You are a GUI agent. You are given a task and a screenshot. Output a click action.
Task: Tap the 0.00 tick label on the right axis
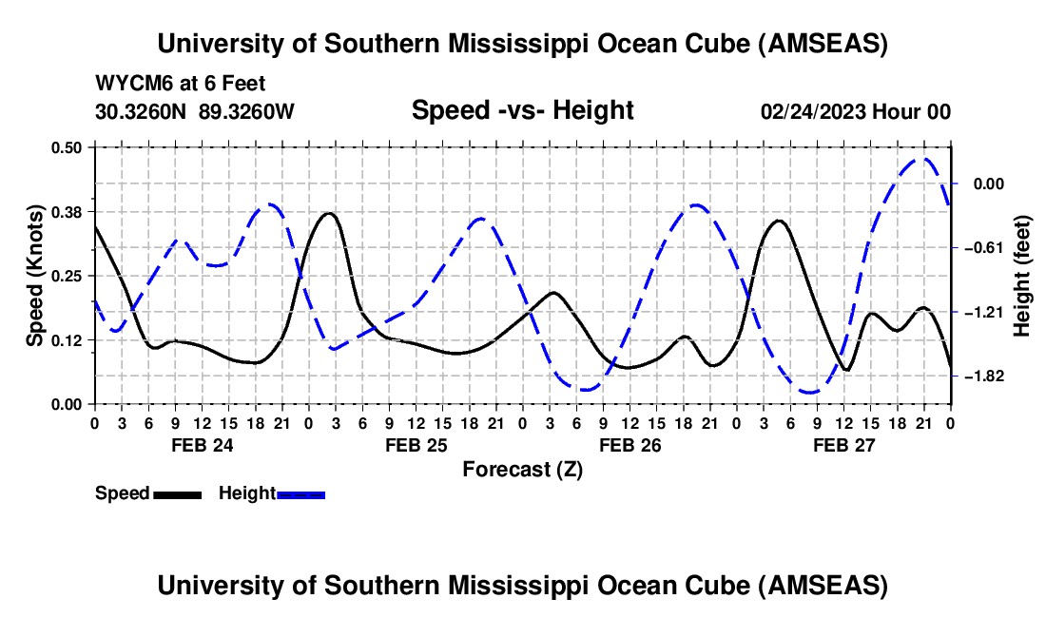(x=990, y=184)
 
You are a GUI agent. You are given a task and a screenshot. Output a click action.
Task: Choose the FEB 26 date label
(x=630, y=445)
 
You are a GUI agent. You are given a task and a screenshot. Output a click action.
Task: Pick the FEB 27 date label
(x=843, y=445)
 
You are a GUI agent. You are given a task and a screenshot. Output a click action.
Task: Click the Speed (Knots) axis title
(x=35, y=276)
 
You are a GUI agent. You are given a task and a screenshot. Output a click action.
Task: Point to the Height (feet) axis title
(x=1023, y=276)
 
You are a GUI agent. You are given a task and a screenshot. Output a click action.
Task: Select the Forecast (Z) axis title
(x=522, y=469)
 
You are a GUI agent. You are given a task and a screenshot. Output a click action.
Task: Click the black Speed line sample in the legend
(x=177, y=493)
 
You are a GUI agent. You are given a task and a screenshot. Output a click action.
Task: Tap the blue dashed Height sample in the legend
(x=300, y=493)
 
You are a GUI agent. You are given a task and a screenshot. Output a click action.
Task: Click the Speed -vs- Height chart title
(x=522, y=110)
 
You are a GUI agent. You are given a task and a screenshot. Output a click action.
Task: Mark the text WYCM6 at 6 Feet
(x=180, y=83)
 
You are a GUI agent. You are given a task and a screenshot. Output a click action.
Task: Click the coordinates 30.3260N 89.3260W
(x=195, y=111)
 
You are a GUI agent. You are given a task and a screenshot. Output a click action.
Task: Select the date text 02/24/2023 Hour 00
(x=856, y=111)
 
